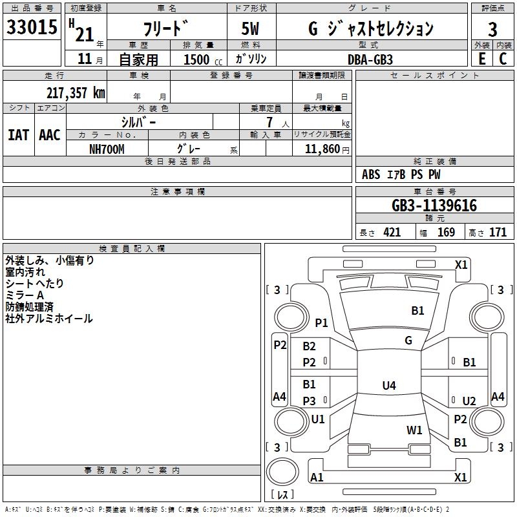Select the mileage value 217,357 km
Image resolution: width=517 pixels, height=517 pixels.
point(75,93)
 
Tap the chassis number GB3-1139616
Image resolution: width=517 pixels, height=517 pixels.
point(434,206)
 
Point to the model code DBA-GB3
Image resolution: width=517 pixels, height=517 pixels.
point(369,59)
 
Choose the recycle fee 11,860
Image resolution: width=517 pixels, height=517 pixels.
point(321,148)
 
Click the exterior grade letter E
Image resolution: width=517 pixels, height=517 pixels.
point(481,59)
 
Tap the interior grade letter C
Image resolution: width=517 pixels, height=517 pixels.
point(503,59)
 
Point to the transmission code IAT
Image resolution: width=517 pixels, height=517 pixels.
point(18,134)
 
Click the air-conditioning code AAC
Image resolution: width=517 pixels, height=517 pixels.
point(49,134)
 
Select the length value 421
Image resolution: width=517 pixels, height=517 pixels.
point(392,233)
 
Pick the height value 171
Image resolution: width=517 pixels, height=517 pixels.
point(498,233)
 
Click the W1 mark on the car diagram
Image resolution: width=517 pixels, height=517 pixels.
point(414,430)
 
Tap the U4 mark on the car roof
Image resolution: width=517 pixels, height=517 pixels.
point(388,386)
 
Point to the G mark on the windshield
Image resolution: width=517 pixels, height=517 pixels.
point(408,341)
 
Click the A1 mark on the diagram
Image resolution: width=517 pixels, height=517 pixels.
point(317,477)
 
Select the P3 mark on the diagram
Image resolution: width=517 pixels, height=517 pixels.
point(310,401)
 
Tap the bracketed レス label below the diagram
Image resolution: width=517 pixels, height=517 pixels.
point(282,495)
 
